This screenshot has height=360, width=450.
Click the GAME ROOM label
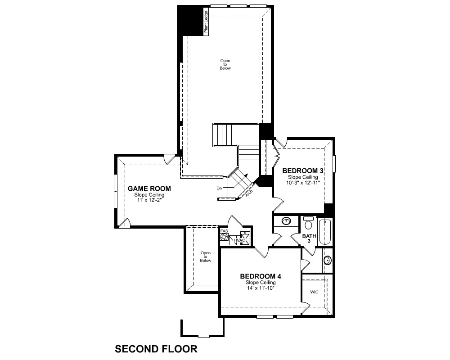[x=149, y=189]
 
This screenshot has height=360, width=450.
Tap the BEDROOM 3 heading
[x=303, y=171]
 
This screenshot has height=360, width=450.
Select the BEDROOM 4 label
[x=261, y=276]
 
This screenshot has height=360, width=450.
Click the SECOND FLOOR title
[x=156, y=349]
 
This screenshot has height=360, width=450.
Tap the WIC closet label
[x=314, y=292]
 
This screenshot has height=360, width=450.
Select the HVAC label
[x=239, y=240]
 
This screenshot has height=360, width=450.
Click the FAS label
[x=224, y=231]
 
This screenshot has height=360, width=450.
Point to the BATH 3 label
[x=309, y=238]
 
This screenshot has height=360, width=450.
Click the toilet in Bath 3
[x=309, y=223]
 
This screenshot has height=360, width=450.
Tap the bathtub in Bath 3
[x=324, y=232]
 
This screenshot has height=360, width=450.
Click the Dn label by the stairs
[x=219, y=189]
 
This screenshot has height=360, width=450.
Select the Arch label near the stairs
[x=249, y=193]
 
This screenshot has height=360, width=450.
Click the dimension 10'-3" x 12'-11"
[x=303, y=183]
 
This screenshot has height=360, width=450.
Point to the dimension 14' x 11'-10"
[x=261, y=288]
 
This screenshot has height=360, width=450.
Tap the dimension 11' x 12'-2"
[x=149, y=200]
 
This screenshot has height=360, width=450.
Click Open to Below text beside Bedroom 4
[x=206, y=256]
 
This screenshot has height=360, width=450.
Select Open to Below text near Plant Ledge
[x=225, y=64]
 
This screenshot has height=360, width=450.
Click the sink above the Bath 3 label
[x=286, y=221]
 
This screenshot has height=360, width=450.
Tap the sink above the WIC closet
[x=328, y=261]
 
